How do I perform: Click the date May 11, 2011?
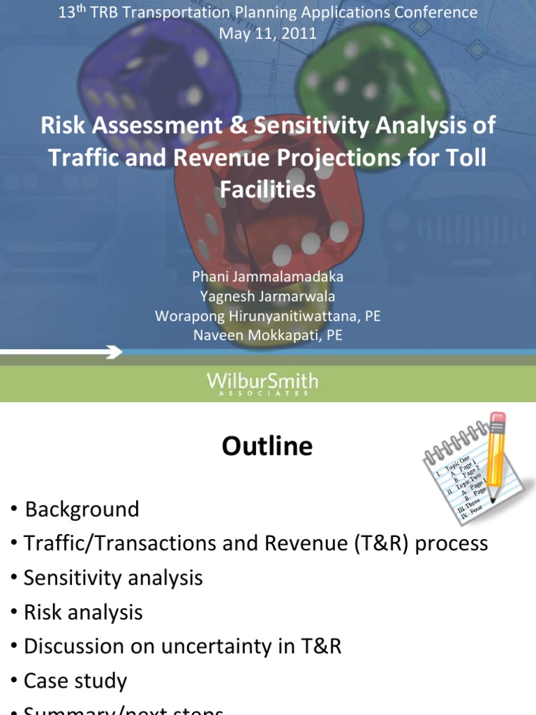click(x=268, y=33)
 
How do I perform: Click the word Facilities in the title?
click(x=268, y=189)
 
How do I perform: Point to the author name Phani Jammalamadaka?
click(x=268, y=277)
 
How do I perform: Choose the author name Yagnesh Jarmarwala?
click(x=268, y=296)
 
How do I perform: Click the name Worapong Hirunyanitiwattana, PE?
click(x=268, y=316)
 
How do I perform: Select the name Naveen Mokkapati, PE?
click(x=268, y=335)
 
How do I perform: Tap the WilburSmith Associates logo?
click(x=262, y=383)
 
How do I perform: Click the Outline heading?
click(x=267, y=446)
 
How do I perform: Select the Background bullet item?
click(x=82, y=509)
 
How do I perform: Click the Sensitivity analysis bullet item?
click(x=113, y=577)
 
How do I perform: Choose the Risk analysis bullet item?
click(x=83, y=612)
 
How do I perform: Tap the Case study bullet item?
click(x=75, y=681)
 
